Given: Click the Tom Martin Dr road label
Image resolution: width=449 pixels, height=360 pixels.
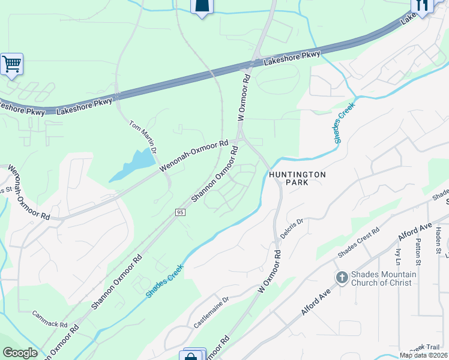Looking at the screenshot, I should click(x=144, y=136).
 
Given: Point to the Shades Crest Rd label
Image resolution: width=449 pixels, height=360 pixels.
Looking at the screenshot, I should click(x=358, y=243).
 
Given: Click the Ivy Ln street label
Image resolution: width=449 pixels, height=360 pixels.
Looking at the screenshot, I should click(x=398, y=257).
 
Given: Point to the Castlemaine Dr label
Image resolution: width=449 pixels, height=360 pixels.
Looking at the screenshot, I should click(x=211, y=313).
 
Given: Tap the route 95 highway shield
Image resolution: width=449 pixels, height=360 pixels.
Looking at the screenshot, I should click(x=179, y=212).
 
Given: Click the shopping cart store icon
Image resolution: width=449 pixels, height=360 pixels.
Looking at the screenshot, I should click(x=11, y=64).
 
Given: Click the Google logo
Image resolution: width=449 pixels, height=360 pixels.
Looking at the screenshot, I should click(x=20, y=353).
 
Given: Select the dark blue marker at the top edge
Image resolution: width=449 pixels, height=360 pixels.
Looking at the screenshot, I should click(x=202, y=6).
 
